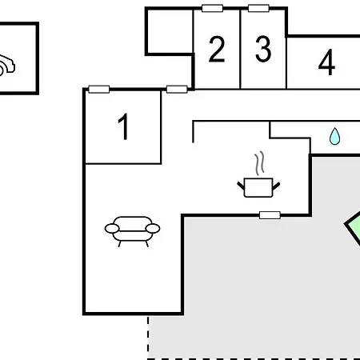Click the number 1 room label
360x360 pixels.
[x=123, y=126]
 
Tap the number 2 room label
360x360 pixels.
[x=217, y=49]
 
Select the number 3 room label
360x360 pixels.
[x=263, y=49]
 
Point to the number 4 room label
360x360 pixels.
[x=326, y=62]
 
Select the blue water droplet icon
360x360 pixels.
[x=334, y=136]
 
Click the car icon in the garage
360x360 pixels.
[x=6, y=66]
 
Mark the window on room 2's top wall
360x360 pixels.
[x=212, y=8]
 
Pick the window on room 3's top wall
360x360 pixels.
[x=258, y=8]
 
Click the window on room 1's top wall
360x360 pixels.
[x=99, y=90]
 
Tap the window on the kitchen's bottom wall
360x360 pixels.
[x=270, y=215]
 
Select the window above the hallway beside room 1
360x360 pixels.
[x=177, y=90]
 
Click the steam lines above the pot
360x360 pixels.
[x=259, y=163]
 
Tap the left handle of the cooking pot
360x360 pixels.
[x=241, y=186]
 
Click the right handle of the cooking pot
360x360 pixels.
[x=276, y=186]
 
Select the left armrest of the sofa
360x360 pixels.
[x=112, y=229]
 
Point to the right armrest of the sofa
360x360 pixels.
[x=153, y=229]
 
